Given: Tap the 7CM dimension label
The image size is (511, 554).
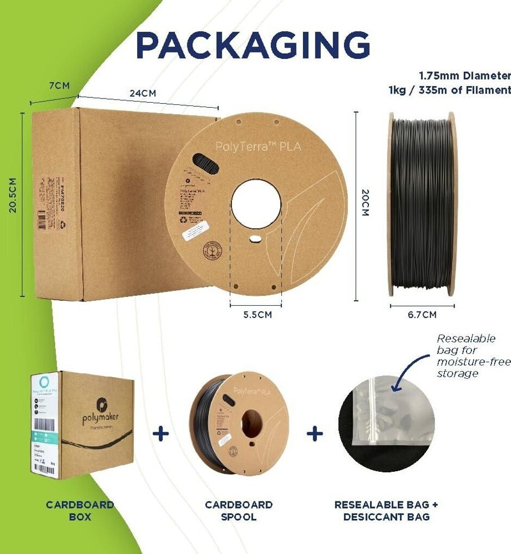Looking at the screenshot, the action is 58,86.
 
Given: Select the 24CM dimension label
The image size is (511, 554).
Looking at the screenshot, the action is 143,93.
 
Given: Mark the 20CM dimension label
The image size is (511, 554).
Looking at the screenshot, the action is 365,203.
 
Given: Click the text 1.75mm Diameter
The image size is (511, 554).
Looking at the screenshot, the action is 464,76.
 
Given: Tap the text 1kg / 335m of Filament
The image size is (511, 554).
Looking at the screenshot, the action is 450,90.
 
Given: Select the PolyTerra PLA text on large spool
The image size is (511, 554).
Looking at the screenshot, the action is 258,146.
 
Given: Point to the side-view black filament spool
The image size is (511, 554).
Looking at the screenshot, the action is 422,205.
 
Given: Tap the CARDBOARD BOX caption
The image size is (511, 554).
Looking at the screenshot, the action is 80,510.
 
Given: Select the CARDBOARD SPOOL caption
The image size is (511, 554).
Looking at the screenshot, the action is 238,510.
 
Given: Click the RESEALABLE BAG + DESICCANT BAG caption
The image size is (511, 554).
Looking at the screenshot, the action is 386,510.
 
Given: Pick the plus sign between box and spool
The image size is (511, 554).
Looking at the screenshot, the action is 160,433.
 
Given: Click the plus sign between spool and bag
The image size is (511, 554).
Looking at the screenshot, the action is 314,433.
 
